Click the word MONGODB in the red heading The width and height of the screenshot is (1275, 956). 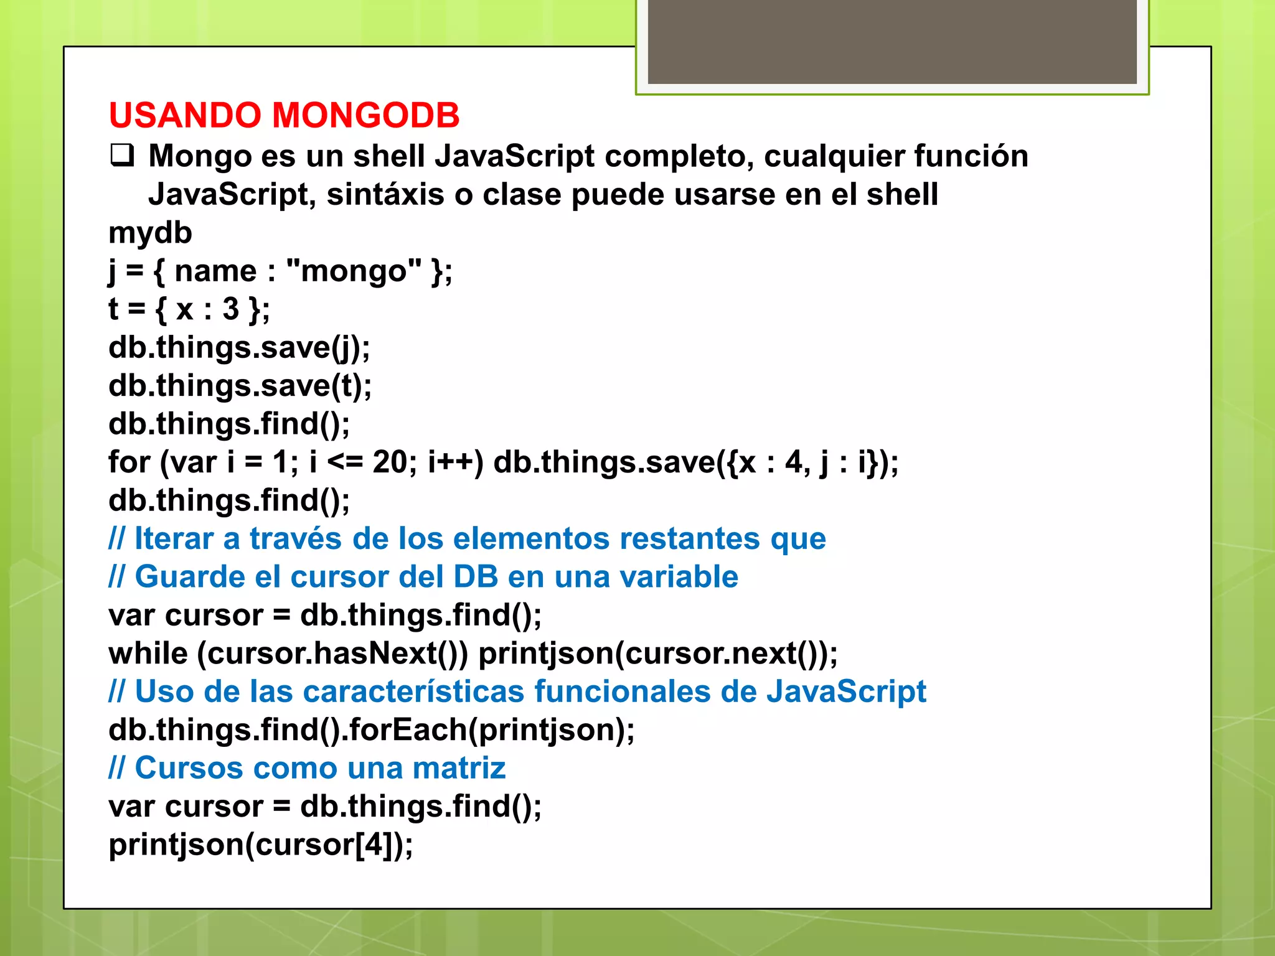point(365,116)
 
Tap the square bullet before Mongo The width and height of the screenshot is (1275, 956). point(122,156)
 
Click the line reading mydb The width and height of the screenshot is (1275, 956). point(150,233)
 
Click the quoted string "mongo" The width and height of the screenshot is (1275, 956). point(353,271)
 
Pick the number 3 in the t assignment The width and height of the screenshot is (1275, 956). point(231,309)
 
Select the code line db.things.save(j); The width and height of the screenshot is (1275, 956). point(239,347)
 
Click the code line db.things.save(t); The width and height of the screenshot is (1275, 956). point(240,386)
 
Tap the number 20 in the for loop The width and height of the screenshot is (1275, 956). point(390,462)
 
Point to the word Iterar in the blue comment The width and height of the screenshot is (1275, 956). point(174,538)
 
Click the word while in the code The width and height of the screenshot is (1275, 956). point(148,654)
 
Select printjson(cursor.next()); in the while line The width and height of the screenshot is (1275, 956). point(658,654)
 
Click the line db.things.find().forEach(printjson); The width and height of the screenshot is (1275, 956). point(372,730)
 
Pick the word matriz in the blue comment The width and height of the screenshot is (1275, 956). point(459,768)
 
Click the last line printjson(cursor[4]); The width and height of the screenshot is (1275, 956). point(261,845)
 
